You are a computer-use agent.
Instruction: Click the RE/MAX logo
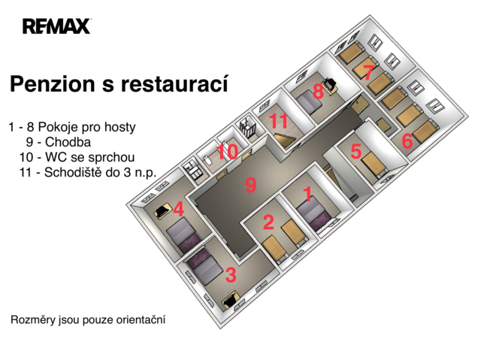(x=57, y=26)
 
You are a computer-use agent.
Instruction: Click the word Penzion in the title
(x=53, y=84)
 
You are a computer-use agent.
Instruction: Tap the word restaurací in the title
(x=174, y=83)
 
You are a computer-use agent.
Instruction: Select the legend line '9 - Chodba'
(x=59, y=142)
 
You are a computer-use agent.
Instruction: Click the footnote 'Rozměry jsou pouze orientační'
(x=88, y=320)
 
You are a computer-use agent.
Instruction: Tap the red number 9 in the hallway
(x=250, y=185)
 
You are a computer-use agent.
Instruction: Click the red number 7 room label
(x=368, y=73)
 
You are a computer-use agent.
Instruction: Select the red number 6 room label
(x=407, y=141)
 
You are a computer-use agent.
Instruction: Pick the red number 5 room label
(x=355, y=151)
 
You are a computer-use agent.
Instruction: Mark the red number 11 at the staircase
(x=279, y=121)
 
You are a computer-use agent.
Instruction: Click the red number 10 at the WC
(x=227, y=152)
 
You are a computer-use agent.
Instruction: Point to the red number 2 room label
(x=268, y=222)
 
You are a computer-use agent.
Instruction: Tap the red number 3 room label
(x=231, y=275)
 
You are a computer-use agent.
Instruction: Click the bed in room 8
(x=309, y=104)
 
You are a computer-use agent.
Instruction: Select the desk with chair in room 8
(x=331, y=85)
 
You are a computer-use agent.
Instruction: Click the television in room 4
(x=162, y=210)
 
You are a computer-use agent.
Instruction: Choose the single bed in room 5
(x=374, y=165)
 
